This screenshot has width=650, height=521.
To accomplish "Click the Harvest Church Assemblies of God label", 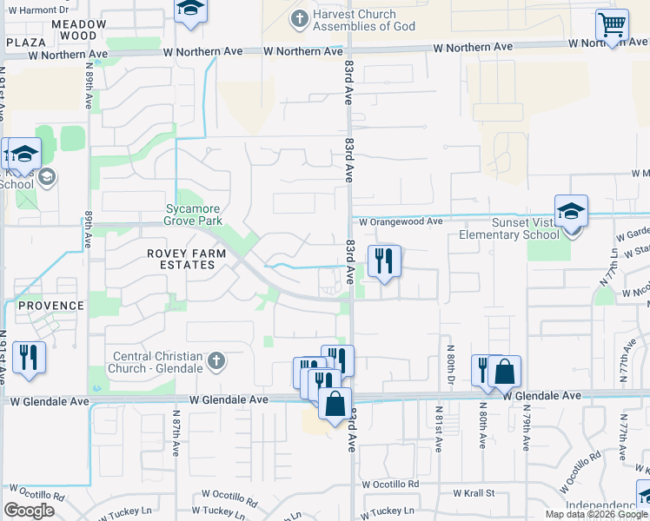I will (x=354, y=20).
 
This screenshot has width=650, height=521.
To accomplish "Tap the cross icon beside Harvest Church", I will (x=299, y=17).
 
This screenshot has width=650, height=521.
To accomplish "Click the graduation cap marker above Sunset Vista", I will (x=572, y=211).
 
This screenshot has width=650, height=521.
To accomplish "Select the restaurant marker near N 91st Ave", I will (x=29, y=357).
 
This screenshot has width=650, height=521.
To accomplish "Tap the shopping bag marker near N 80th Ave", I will (x=504, y=372).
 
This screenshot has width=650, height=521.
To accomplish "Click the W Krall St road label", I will (x=474, y=493).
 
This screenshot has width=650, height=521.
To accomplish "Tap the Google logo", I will (x=29, y=510).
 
